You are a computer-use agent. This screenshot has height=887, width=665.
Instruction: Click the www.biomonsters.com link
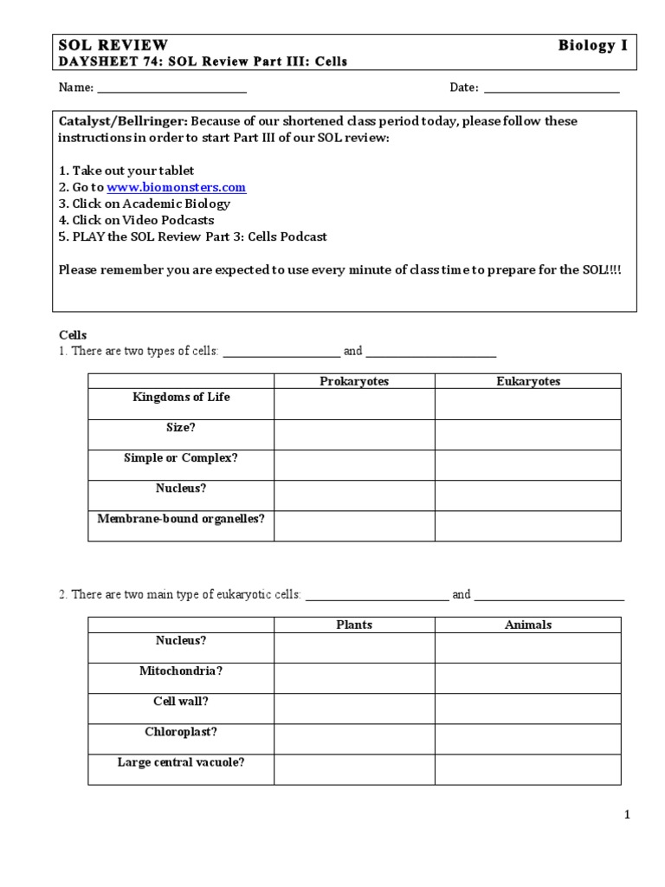[176, 187]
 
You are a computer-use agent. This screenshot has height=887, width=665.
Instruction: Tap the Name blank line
[171, 88]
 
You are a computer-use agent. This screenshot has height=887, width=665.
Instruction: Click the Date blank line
[551, 88]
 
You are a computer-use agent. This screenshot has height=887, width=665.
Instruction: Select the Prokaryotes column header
[354, 381]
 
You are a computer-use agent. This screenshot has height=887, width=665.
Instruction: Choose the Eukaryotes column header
[528, 381]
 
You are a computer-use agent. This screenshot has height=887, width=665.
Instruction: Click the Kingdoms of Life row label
[181, 398]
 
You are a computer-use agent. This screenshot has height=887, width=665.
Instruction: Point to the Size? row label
[181, 428]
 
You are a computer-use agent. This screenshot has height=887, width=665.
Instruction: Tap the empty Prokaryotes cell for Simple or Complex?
[354, 465]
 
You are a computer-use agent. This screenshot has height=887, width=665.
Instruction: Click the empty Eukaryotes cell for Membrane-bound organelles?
[528, 526]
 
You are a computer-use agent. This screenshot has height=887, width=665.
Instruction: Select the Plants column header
[354, 625]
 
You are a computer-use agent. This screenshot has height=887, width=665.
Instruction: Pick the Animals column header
[528, 625]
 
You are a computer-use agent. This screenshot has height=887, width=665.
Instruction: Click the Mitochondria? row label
[181, 671]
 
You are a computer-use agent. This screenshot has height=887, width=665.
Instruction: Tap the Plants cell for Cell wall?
[354, 709]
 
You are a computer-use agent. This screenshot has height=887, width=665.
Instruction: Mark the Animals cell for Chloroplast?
[528, 739]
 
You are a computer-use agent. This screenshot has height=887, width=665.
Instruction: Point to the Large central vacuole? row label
[181, 763]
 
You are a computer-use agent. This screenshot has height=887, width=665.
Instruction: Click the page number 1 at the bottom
[628, 814]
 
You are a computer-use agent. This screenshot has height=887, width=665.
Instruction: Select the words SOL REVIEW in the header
[113, 45]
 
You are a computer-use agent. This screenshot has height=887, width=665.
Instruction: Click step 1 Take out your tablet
[126, 171]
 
